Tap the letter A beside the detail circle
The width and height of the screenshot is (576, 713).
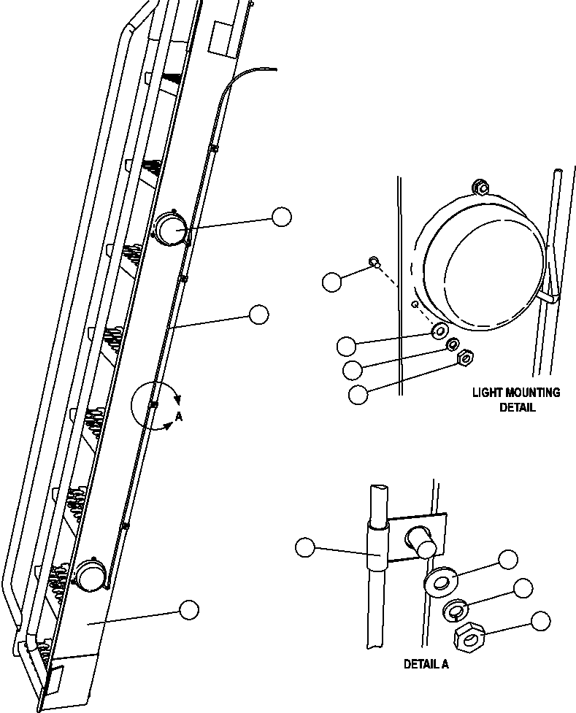pos(179,417)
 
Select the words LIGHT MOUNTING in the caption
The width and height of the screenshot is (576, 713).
pos(516,393)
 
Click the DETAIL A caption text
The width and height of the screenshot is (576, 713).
pos(426,665)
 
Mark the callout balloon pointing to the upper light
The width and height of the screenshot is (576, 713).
pos(281,216)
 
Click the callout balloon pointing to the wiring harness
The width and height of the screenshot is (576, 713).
pos(259,315)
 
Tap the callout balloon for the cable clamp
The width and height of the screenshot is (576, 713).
pos(305,547)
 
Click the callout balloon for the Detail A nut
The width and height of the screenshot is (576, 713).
pos(540,621)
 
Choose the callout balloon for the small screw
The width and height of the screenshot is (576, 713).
pos(332,282)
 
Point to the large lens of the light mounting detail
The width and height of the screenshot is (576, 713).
pos(482,266)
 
